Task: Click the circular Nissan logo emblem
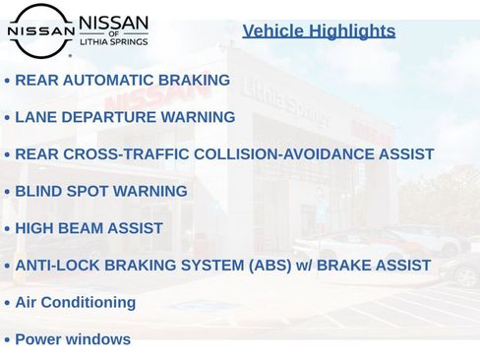(40, 30)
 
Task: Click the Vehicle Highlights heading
(319, 30)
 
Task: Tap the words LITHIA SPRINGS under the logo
(113, 42)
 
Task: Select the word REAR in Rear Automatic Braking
(36, 80)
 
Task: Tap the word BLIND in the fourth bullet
(37, 191)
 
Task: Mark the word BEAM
(89, 228)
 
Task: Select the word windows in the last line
(97, 339)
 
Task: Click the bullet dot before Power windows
(7, 340)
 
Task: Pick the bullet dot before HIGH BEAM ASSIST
(7, 229)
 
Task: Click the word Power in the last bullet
(37, 339)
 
